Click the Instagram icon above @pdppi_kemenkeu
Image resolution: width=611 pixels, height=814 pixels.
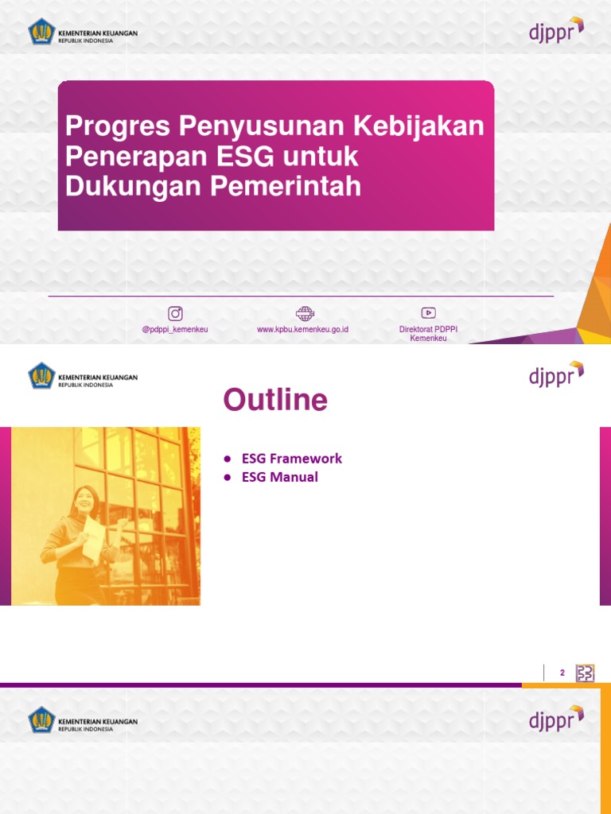tap(175, 313)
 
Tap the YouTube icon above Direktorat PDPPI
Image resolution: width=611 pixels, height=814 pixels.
tap(429, 313)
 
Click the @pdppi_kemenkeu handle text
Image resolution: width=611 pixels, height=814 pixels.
tap(175, 329)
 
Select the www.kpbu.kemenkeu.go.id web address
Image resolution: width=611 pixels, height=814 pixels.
tap(303, 329)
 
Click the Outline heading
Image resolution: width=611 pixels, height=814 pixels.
tap(275, 400)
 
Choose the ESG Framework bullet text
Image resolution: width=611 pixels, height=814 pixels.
tap(292, 459)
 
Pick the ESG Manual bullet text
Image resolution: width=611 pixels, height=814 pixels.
tap(280, 477)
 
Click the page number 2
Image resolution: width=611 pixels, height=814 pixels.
tap(562, 673)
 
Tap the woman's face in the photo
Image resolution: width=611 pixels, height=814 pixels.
tap(84, 500)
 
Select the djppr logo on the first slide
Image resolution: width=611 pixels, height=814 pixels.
tap(556, 31)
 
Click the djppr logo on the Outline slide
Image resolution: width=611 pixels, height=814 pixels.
tap(556, 374)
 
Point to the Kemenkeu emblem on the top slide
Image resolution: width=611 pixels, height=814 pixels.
tap(41, 33)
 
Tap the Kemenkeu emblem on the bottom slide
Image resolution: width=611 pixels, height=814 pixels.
tap(41, 720)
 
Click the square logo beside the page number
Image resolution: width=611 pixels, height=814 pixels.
tap(585, 673)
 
